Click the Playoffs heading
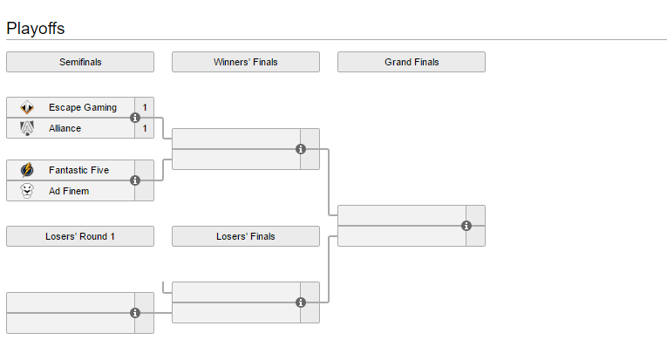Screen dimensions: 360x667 [x=36, y=28]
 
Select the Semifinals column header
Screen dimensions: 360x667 [x=79, y=62]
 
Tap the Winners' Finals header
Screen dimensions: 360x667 [x=245, y=62]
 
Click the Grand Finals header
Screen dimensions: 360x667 [x=412, y=62]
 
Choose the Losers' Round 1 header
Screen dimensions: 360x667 [x=79, y=236]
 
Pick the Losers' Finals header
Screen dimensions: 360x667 [x=245, y=236]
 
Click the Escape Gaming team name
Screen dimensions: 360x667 [x=82, y=107]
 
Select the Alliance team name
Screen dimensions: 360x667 [x=65, y=128]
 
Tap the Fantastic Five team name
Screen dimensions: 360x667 [x=78, y=170]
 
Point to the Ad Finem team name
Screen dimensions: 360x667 [x=69, y=191]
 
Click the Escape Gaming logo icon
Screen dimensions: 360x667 [x=27, y=107]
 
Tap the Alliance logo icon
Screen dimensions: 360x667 [x=27, y=128]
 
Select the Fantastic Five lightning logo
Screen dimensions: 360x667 [x=27, y=170]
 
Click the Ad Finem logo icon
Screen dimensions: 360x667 [x=27, y=191]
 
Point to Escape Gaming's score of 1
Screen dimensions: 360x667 [x=145, y=107]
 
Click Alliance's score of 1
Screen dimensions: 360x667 [x=145, y=128]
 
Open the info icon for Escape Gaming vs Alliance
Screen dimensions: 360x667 [x=135, y=118]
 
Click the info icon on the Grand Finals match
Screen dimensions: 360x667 [x=466, y=226]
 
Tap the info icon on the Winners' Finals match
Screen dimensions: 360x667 [x=301, y=149]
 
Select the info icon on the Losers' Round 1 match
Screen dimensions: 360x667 [x=135, y=313]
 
